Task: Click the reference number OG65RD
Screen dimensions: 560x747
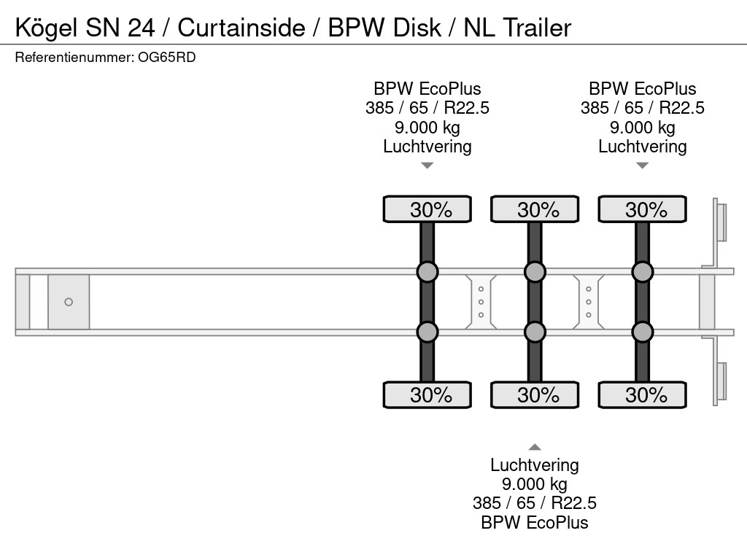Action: pyautogui.click(x=166, y=57)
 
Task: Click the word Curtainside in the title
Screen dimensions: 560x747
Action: pyautogui.click(x=241, y=28)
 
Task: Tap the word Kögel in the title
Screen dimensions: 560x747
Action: pyautogui.click(x=46, y=28)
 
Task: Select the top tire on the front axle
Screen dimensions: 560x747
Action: pyautogui.click(x=427, y=209)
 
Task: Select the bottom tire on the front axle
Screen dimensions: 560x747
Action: pyautogui.click(x=427, y=394)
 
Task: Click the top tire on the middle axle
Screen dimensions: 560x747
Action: pyautogui.click(x=535, y=209)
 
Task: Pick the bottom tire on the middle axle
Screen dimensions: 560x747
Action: pyautogui.click(x=535, y=394)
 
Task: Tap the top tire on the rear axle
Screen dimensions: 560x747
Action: pyautogui.click(x=643, y=209)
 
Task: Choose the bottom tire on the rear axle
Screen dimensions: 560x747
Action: pyautogui.click(x=643, y=394)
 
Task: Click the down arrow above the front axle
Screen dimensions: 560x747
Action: pyautogui.click(x=427, y=166)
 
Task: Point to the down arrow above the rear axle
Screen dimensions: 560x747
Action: pyautogui.click(x=643, y=166)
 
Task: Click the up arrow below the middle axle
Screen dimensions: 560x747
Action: pyautogui.click(x=535, y=447)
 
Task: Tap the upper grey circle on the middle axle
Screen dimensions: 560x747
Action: pyautogui.click(x=535, y=272)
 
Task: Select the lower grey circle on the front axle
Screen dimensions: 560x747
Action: pyautogui.click(x=427, y=332)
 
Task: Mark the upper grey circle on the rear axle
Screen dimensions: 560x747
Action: pyautogui.click(x=643, y=272)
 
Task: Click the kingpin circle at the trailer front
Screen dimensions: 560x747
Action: pyautogui.click(x=69, y=302)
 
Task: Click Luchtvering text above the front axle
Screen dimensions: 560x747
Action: pyautogui.click(x=427, y=147)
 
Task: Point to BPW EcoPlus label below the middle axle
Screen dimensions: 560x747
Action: pyautogui.click(x=535, y=522)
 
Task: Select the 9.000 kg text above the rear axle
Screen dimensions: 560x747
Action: pyautogui.click(x=643, y=128)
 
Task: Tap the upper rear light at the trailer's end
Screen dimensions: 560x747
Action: pyautogui.click(x=721, y=222)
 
